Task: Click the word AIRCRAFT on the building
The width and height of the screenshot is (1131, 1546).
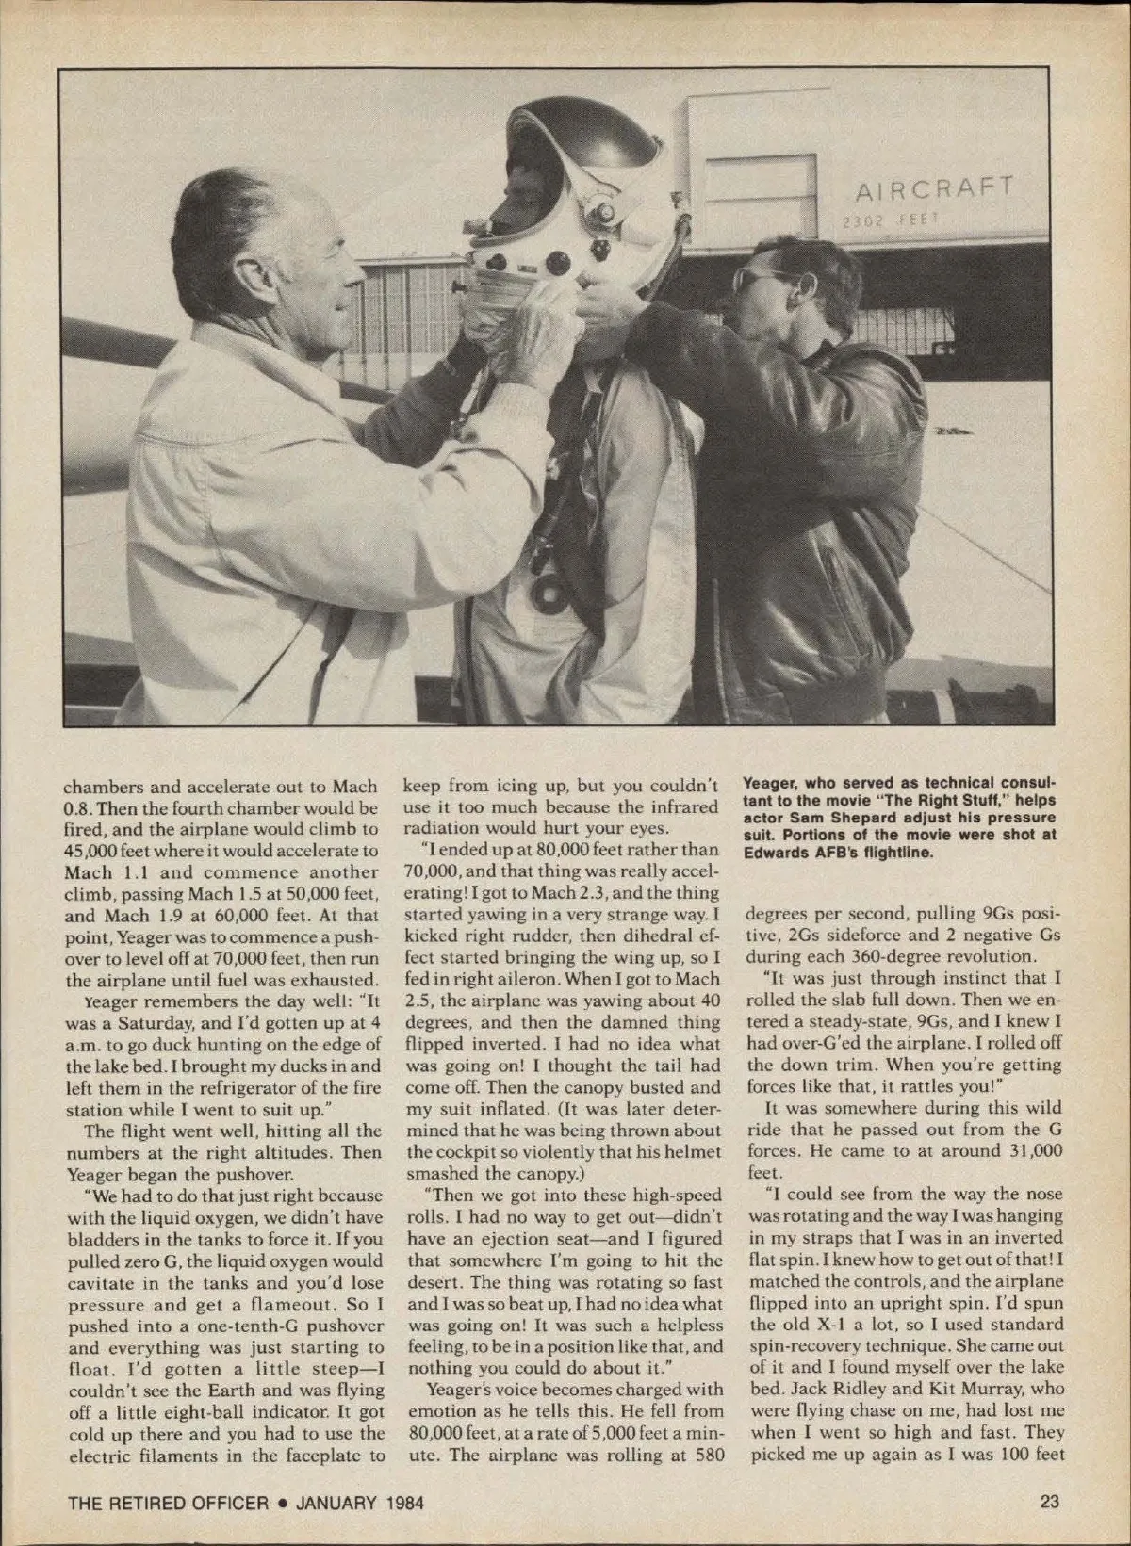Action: pos(933,187)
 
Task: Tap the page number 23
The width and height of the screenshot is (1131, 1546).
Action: pos(1051,1502)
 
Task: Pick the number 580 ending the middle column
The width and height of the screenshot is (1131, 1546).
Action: pos(703,1454)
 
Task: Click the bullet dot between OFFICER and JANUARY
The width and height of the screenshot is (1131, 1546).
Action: pos(282,1504)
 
